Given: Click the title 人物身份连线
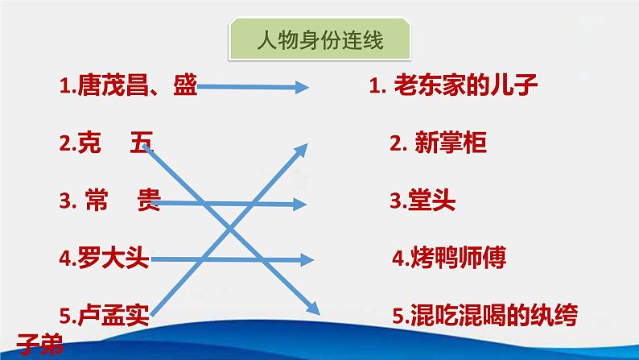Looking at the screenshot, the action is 320,41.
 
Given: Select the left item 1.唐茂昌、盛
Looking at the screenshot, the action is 129,85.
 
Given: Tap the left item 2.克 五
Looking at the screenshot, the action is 106,143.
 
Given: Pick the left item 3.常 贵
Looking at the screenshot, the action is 110,200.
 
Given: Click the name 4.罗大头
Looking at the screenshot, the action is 105,258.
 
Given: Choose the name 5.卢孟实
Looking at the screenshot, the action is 105,315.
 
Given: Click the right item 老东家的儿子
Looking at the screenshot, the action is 466,85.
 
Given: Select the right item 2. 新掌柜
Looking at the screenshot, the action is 438,143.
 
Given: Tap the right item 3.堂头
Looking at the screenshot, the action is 423,201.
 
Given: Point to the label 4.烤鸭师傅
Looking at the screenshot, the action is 449,258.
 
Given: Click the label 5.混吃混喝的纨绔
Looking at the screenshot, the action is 485,315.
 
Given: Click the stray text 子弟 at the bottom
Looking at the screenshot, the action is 40,345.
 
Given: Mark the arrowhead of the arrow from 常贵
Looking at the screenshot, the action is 301,205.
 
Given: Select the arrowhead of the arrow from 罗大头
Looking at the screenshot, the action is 307,259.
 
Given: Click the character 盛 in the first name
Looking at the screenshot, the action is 185,85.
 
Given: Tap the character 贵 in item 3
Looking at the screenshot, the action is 149,200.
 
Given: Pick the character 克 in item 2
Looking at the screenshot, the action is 89,143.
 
